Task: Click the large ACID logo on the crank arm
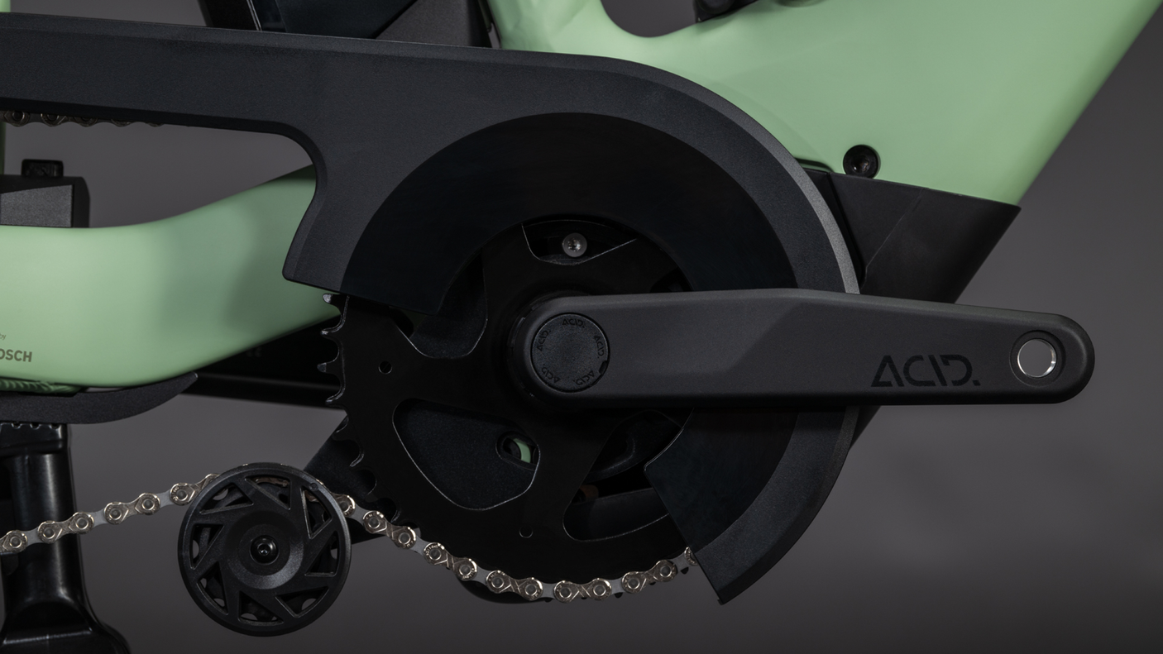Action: pyautogui.click(x=925, y=371)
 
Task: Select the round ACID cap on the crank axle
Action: pyautogui.click(x=569, y=352)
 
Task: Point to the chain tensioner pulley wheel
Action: pyautogui.click(x=262, y=548)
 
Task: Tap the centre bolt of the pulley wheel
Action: pyautogui.click(x=263, y=548)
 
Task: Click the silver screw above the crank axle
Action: pyautogui.click(x=572, y=245)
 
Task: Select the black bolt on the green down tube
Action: pyautogui.click(x=861, y=160)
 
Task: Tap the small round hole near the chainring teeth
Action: pyautogui.click(x=384, y=365)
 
